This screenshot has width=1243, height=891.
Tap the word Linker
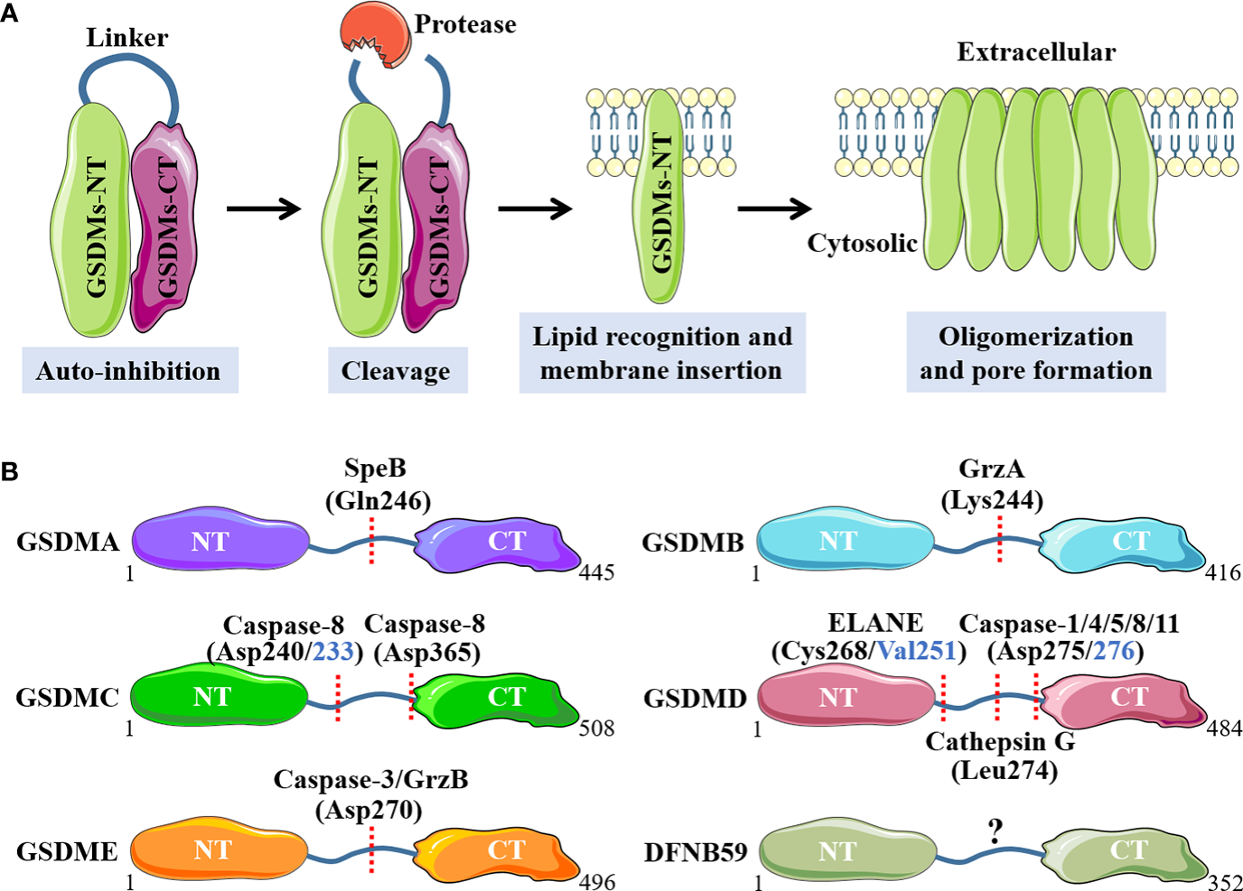[126, 38]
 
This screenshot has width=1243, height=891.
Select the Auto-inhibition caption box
[129, 371]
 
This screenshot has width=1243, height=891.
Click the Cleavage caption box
[397, 371]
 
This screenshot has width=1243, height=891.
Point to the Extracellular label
[1036, 52]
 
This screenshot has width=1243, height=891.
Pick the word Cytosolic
[862, 244]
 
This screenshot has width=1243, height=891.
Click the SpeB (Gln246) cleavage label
[377, 485]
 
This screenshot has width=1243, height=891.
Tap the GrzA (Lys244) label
[992, 485]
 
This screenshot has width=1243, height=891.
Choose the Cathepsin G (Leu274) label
[1002, 756]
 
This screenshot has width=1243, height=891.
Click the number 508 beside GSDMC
[596, 729]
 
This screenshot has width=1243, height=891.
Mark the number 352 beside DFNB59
[1224, 882]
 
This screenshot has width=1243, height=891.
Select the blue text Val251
[916, 652]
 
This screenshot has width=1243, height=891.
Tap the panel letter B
[9, 471]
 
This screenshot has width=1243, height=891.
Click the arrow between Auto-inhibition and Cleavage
[263, 209]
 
